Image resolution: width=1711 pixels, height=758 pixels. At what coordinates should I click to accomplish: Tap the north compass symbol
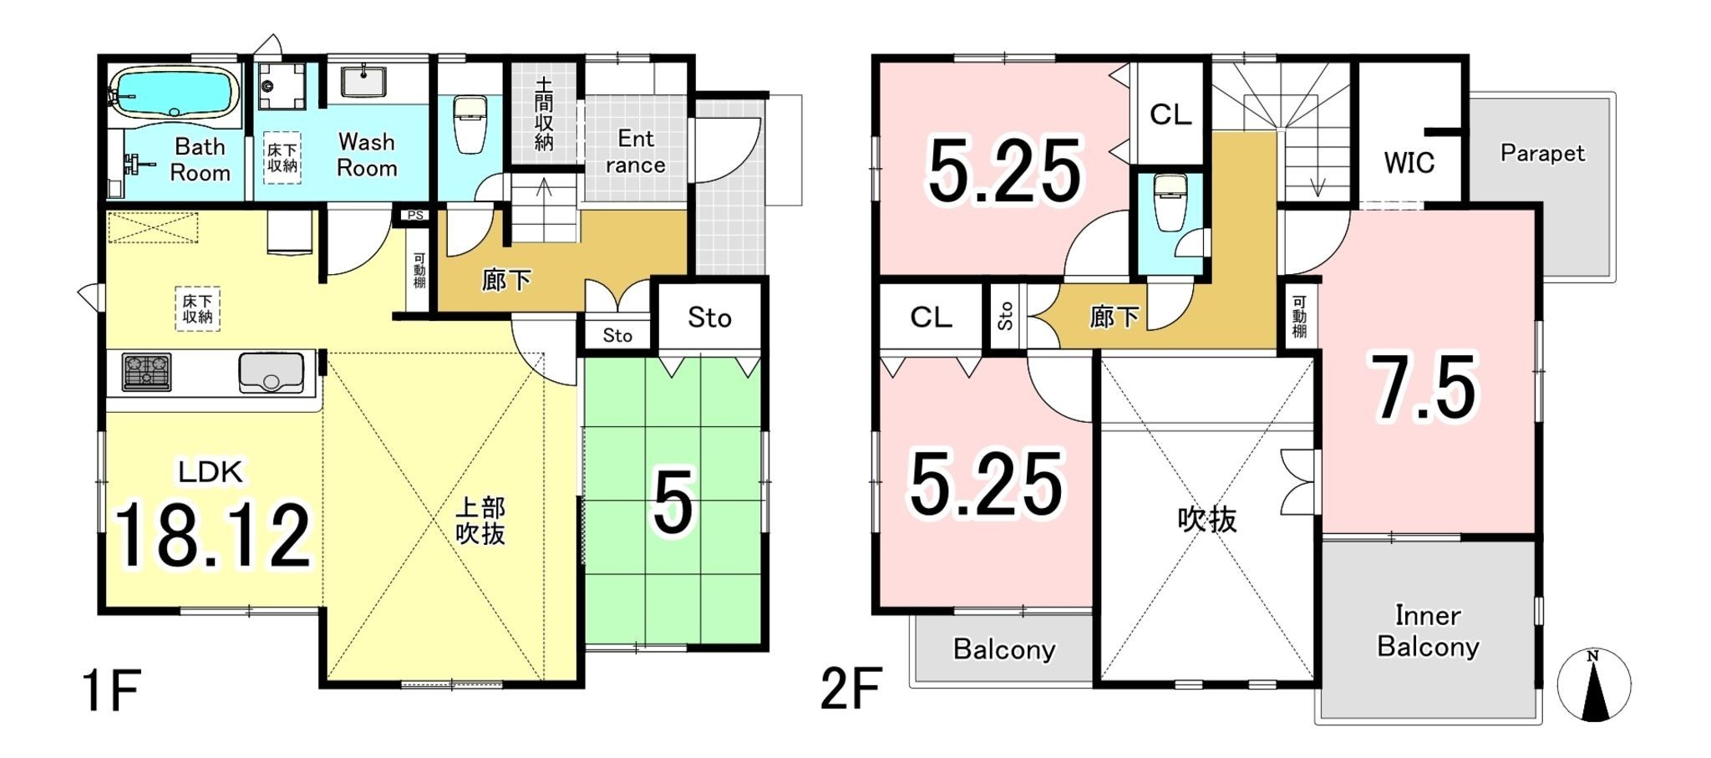click(x=1593, y=686)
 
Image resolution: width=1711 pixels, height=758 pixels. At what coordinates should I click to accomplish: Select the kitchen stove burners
click(x=147, y=372)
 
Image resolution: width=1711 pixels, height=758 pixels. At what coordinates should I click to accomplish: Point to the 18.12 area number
click(x=211, y=535)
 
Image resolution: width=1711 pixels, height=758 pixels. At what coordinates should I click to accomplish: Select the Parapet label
click(x=1541, y=153)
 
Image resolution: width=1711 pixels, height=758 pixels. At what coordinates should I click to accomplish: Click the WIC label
click(x=1409, y=162)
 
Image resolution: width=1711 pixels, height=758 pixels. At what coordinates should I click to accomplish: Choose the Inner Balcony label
click(x=1428, y=631)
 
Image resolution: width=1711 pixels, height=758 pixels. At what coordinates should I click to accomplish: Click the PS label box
click(x=415, y=216)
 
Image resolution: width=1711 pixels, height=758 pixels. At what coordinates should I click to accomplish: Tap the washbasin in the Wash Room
click(x=363, y=83)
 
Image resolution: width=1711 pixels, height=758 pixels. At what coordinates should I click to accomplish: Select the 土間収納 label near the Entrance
click(x=544, y=114)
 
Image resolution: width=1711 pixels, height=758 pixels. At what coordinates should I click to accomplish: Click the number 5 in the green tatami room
click(x=673, y=503)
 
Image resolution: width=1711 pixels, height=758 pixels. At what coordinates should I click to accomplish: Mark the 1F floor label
click(x=111, y=690)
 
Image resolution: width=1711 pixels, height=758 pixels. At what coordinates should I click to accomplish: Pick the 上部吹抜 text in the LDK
click(x=480, y=520)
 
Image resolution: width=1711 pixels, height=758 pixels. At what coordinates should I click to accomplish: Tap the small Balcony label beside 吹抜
click(x=1003, y=649)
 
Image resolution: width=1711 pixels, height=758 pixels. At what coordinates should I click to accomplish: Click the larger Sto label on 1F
click(x=709, y=318)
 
